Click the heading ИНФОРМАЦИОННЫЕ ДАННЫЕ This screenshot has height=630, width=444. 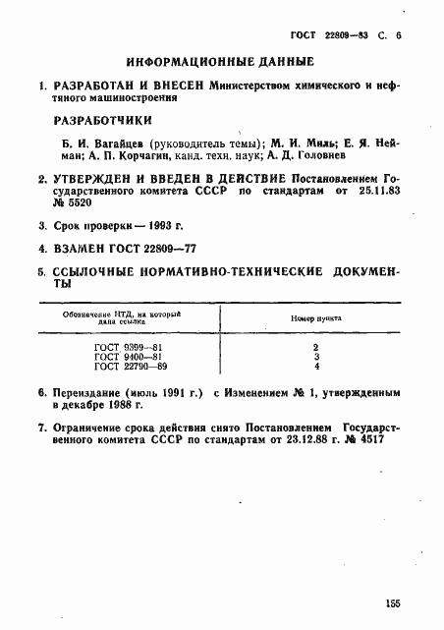point(221,61)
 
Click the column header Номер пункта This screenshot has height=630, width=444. point(316,319)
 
